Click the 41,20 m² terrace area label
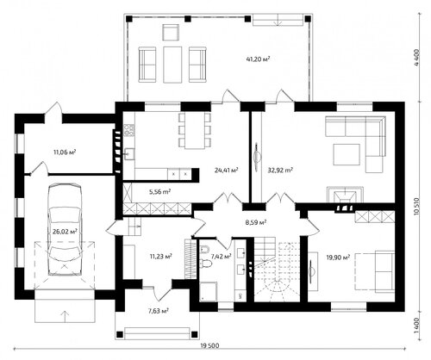pos(258,59)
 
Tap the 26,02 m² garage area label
pos(65,232)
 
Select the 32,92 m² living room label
pos(280,170)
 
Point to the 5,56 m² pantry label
pos(160,191)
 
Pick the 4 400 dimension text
pos(417,58)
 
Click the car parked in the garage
pos(65,230)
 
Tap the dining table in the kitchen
pos(195,131)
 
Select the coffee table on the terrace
pos(172,65)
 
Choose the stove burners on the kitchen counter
pos(129,129)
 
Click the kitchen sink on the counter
pos(129,154)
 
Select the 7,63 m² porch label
pos(158,311)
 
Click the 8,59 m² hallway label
pos(255,222)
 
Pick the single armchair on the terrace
pos(171,33)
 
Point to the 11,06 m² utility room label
pos(65,152)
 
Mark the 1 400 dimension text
pos(417,325)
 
